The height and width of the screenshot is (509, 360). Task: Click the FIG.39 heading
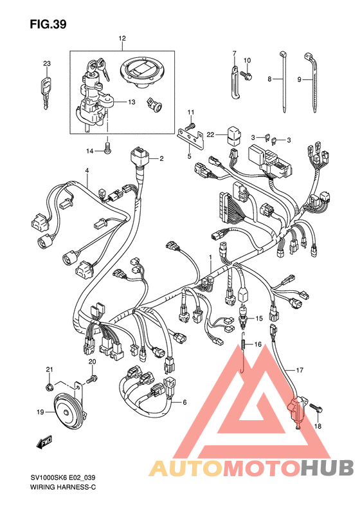click(48, 24)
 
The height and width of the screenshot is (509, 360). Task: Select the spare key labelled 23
click(46, 91)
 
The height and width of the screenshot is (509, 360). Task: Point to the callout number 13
click(131, 102)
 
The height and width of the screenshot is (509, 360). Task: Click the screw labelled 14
click(107, 148)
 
